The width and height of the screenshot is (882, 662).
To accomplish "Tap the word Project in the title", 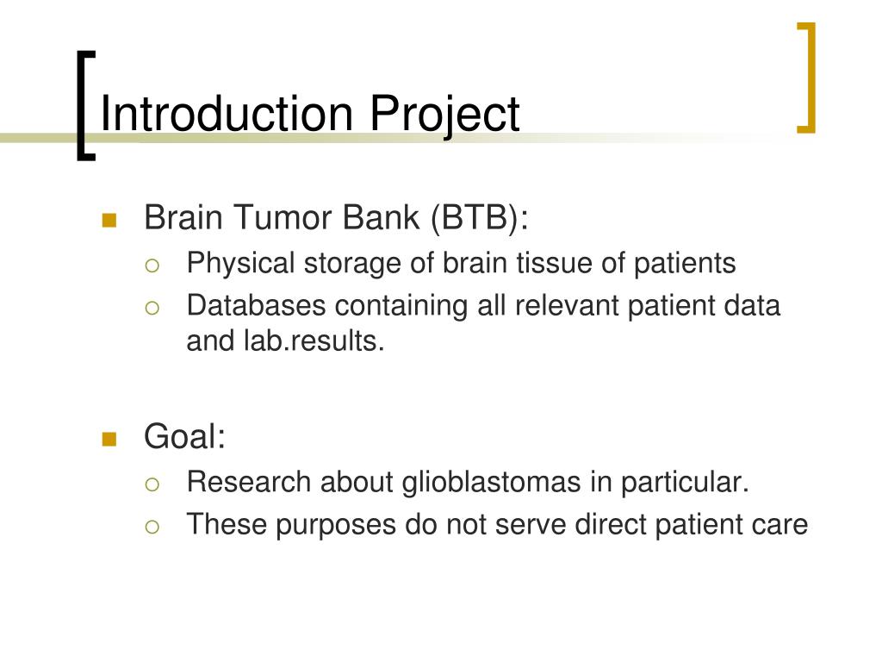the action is pyautogui.click(x=444, y=116).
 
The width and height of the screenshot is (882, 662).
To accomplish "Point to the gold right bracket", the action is pyautogui.click(x=809, y=78).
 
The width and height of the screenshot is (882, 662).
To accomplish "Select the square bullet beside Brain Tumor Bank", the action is pyautogui.click(x=109, y=220).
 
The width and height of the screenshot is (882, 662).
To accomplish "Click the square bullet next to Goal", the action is pyautogui.click(x=109, y=439).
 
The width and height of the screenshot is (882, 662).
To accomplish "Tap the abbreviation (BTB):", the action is pyautogui.click(x=480, y=217).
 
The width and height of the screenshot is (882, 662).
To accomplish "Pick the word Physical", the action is pyautogui.click(x=241, y=264).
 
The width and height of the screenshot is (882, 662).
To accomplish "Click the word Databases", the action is pyautogui.click(x=257, y=306).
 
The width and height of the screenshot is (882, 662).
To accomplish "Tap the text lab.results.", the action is pyautogui.click(x=314, y=341).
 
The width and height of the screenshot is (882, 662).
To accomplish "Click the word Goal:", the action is pyautogui.click(x=184, y=436).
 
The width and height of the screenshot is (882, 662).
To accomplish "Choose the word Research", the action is pyautogui.click(x=249, y=483).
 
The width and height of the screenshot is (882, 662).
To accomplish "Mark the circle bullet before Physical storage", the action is pyautogui.click(x=152, y=265).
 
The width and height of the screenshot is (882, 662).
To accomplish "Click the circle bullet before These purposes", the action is pyautogui.click(x=152, y=527).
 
